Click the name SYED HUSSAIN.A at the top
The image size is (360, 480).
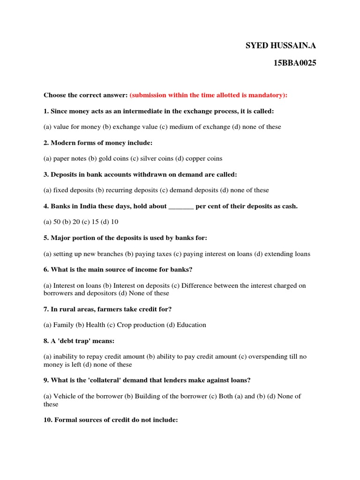281,45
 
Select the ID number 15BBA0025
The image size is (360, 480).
295,63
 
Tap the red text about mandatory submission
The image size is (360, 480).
209,95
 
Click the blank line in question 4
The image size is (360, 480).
181,206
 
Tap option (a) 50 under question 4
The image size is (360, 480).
52,222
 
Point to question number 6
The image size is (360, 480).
46,270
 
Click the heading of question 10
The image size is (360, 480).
111,420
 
